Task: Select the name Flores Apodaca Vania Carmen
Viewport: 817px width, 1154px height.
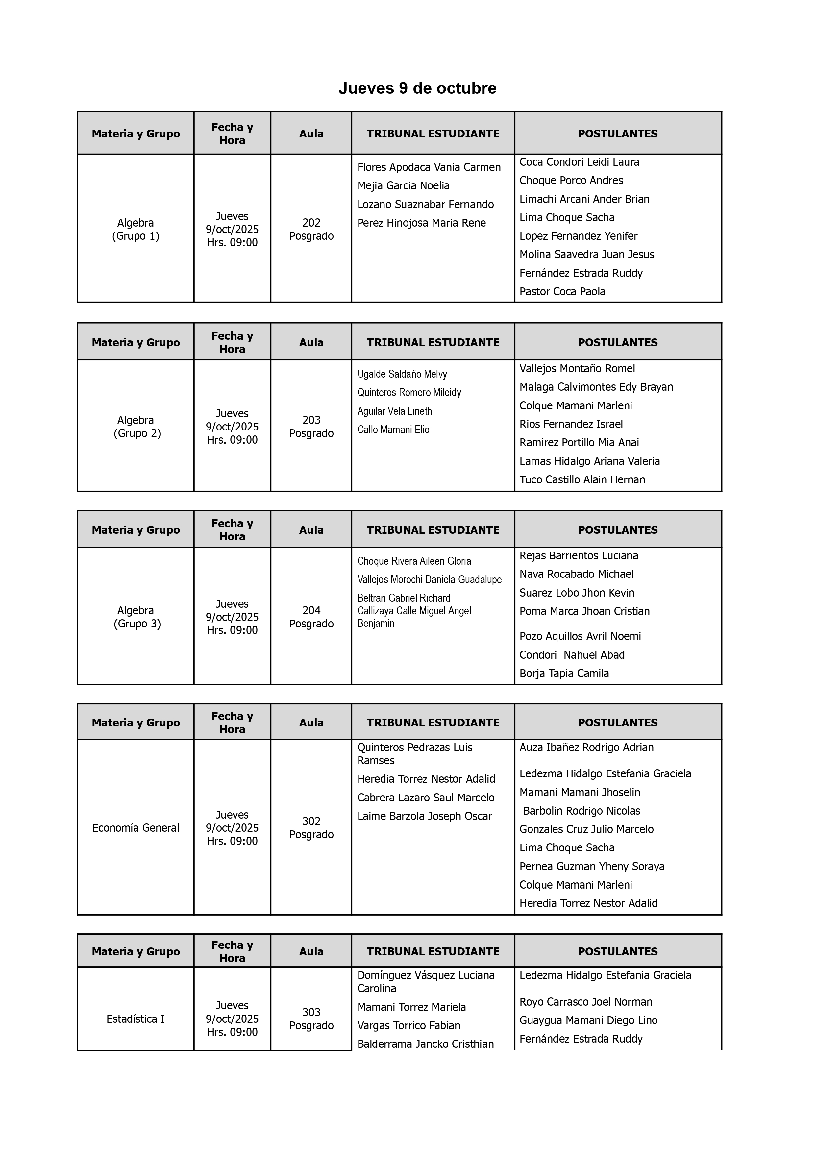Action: (429, 167)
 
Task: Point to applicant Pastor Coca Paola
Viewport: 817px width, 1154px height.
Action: (562, 292)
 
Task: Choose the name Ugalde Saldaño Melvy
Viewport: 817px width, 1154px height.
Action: (402, 374)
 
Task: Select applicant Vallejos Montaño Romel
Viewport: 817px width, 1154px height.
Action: (577, 369)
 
